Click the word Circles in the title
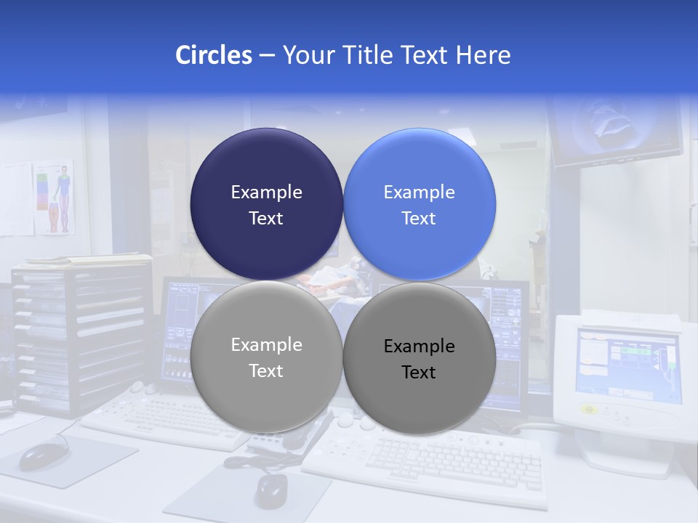213,54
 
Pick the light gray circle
266,357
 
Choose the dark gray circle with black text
420,358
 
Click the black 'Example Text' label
419,359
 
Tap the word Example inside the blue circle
419,192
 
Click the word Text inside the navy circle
266,219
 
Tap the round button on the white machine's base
590,410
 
